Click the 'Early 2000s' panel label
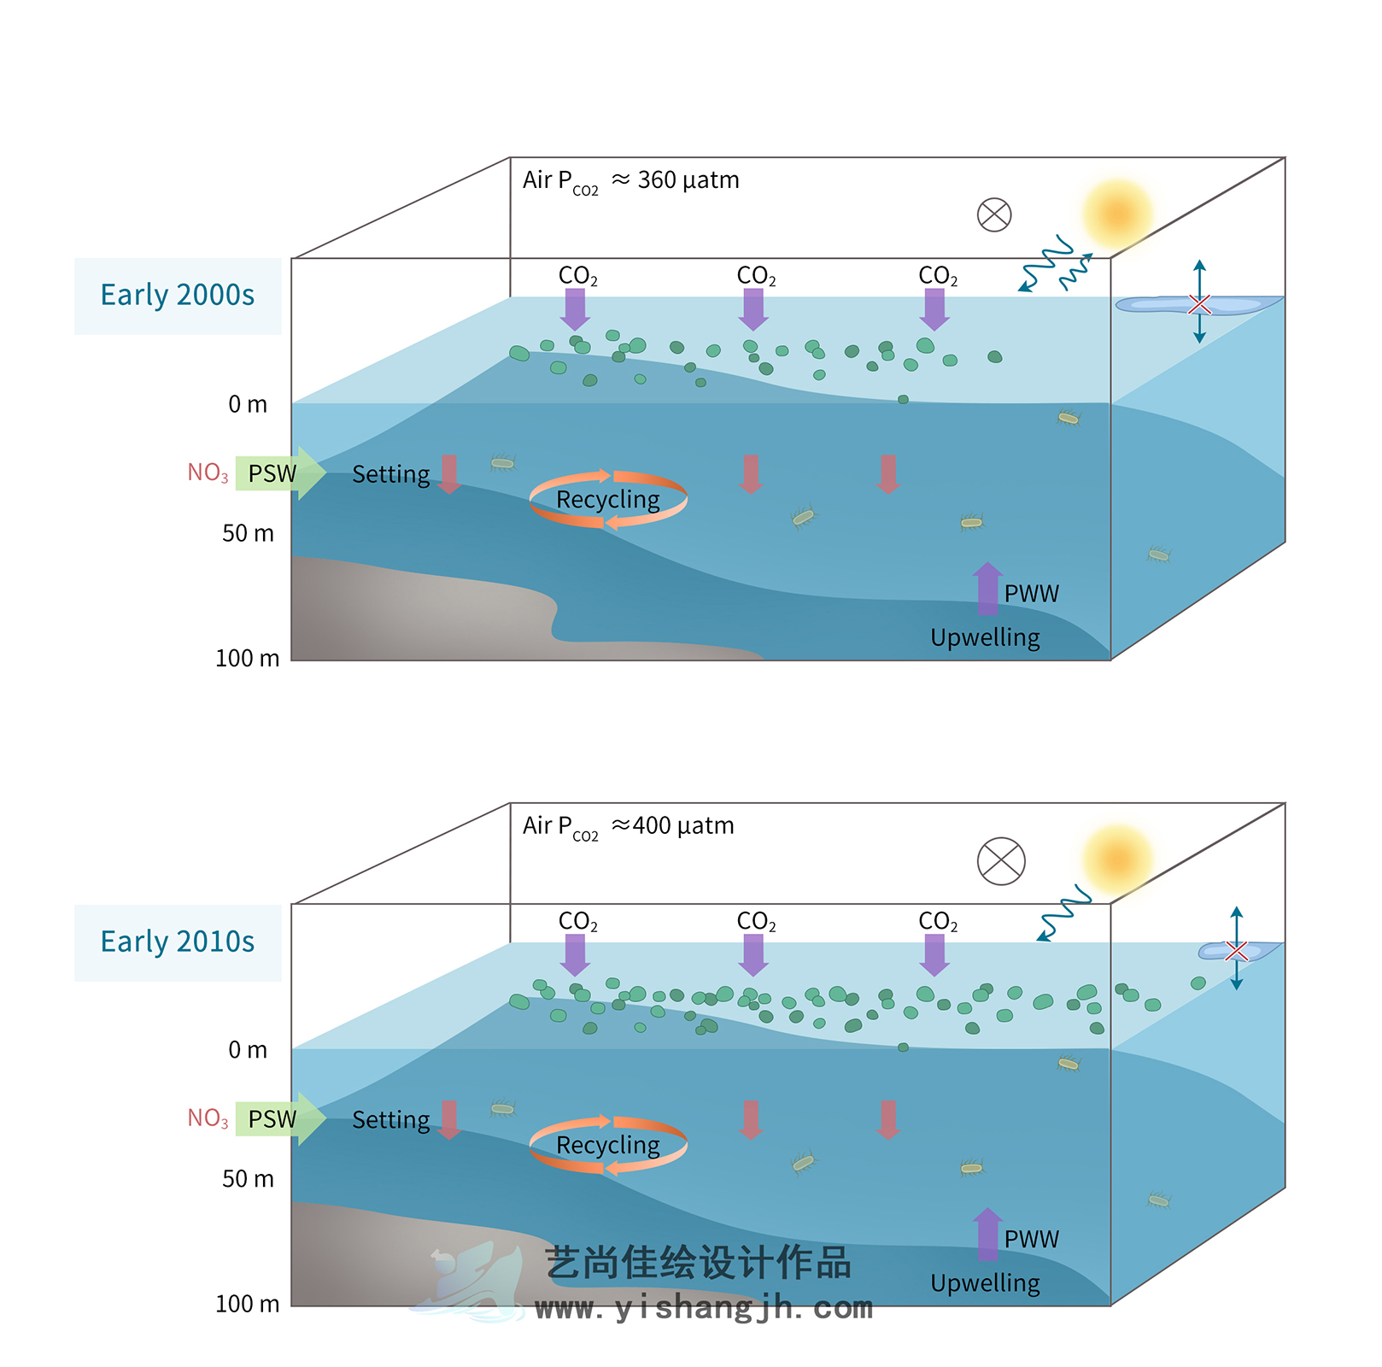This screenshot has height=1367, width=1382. [178, 296]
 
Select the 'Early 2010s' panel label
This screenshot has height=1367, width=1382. [178, 942]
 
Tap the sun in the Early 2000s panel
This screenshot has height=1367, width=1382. [1116, 214]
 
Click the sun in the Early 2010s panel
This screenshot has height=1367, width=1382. [1116, 860]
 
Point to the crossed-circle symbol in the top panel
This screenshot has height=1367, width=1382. [994, 214]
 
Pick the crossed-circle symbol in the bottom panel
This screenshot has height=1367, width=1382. [1001, 860]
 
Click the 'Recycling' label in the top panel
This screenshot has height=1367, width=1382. [608, 500]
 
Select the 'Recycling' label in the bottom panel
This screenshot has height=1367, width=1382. [608, 1146]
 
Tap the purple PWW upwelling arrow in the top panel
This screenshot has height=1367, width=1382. [988, 589]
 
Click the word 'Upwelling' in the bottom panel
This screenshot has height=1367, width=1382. [985, 1283]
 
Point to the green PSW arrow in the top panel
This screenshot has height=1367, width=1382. [280, 473]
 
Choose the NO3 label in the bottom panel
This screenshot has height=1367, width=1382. [208, 1118]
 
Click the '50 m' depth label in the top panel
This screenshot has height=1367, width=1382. [248, 534]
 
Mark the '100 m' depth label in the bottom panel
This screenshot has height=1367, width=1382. [247, 1304]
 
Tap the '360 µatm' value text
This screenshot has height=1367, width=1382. [688, 180]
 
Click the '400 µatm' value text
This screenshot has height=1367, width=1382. [683, 826]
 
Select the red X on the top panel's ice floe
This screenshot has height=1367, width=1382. [1199, 304]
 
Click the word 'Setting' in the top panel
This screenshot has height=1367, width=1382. [391, 475]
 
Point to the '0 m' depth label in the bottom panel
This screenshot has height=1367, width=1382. [248, 1050]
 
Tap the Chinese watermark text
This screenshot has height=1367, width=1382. [698, 1263]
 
